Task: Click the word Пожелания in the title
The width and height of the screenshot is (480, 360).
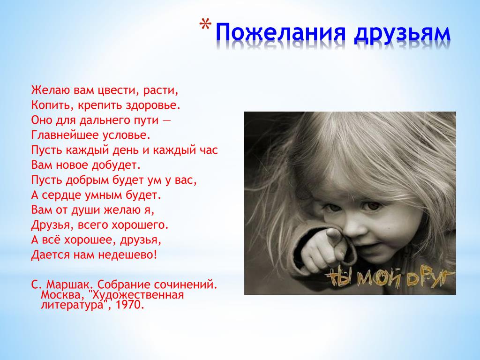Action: (281, 32)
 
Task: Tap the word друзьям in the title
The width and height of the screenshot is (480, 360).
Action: (402, 34)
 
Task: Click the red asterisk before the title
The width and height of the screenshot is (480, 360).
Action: (205, 25)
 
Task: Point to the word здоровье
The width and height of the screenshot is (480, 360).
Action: (153, 105)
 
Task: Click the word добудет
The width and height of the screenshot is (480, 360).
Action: (116, 165)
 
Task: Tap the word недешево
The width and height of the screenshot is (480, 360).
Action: (127, 255)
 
